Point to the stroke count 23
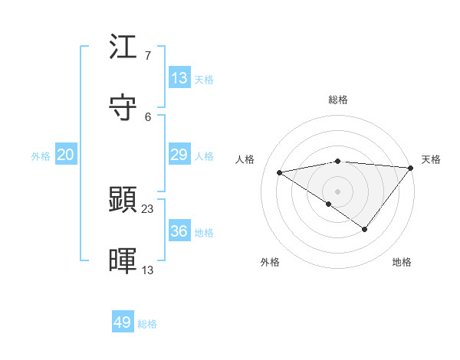click(x=148, y=208)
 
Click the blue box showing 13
click(x=179, y=78)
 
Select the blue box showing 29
click(x=179, y=155)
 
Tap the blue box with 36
click(x=179, y=231)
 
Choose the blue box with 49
click(x=122, y=322)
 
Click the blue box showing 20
click(x=65, y=155)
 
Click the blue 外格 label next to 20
click(x=41, y=156)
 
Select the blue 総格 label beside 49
click(x=147, y=324)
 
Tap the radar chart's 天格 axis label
click(x=431, y=159)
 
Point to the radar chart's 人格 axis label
click(x=245, y=159)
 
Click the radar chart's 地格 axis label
click(x=402, y=262)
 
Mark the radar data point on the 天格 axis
click(x=411, y=168)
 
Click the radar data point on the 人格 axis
click(x=280, y=172)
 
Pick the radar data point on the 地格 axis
click(x=365, y=229)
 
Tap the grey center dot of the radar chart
click(x=338, y=191)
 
